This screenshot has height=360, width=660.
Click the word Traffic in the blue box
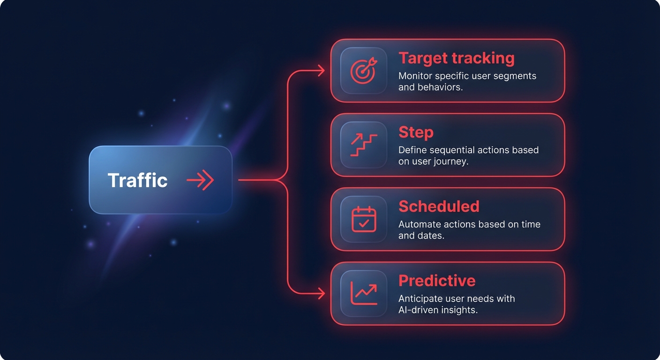(x=138, y=180)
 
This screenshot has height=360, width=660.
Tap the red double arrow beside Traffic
(x=200, y=180)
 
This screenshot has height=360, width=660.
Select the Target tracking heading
(x=457, y=58)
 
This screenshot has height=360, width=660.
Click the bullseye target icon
(x=364, y=71)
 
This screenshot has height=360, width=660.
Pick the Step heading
(x=416, y=133)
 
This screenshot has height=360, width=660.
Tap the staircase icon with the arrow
(x=364, y=145)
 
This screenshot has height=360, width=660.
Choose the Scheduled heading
(x=439, y=206)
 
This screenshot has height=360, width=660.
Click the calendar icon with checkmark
(x=364, y=219)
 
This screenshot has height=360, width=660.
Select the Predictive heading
(x=437, y=280)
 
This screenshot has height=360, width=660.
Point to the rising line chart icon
(x=364, y=293)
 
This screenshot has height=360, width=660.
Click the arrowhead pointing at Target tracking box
(x=322, y=71)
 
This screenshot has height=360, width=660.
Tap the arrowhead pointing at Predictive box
(x=322, y=293)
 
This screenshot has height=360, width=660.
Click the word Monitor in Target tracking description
(x=415, y=76)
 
